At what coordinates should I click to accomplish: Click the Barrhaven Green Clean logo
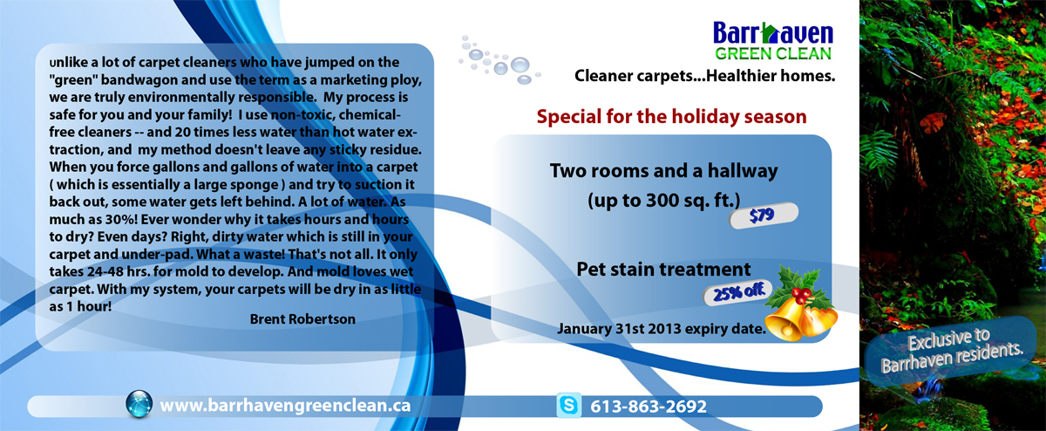772,40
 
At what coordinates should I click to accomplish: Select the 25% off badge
737,292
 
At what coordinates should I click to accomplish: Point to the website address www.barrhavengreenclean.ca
285,406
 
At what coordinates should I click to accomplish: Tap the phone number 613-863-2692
649,407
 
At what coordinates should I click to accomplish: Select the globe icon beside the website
139,405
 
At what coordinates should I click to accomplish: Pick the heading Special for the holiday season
671,115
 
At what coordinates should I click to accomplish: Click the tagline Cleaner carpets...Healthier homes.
704,77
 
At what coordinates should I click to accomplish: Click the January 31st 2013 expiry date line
661,329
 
